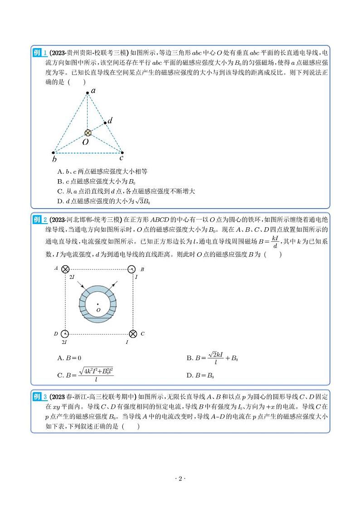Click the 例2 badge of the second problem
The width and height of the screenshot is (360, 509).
pos(39,220)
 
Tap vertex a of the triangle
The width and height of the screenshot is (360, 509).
pos(88,93)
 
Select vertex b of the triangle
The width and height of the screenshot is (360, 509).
pos(54,153)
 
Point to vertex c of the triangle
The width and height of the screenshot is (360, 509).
pos(122,153)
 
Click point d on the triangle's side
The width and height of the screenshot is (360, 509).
pos(105,122)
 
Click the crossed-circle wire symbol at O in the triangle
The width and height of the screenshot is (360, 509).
pos(88,133)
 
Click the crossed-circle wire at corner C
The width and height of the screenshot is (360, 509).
pos(132,334)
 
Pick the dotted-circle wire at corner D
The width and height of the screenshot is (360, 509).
pos(65,334)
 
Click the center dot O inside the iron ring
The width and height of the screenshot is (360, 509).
pos(98,304)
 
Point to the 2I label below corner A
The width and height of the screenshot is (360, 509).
pos(71,276)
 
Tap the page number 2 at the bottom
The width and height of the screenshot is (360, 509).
pos(180,479)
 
